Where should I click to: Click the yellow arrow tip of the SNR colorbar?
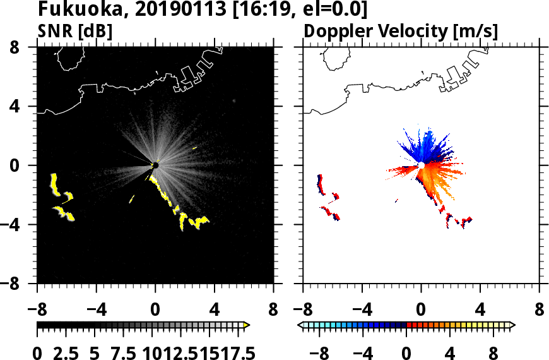(247, 325)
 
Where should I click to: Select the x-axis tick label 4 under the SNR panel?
(215, 311)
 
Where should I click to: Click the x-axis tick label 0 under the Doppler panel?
(421, 311)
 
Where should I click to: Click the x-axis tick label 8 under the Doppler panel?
(540, 311)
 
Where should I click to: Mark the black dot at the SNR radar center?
(155, 165)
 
